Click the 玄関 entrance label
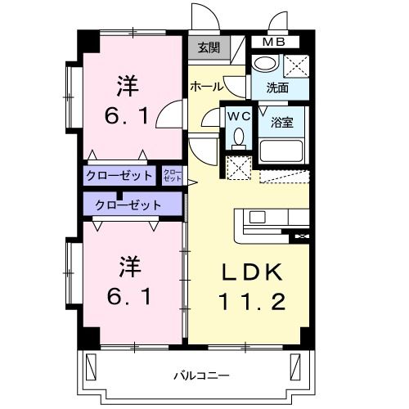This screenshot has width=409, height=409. [x=209, y=47]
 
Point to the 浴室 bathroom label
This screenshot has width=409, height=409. [x=283, y=123]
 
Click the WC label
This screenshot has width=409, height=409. [x=239, y=117]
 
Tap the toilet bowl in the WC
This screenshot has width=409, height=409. [x=239, y=137]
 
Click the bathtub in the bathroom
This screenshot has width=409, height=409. [x=281, y=151]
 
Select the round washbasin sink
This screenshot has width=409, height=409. [x=263, y=64]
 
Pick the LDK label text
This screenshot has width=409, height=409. [x=251, y=271]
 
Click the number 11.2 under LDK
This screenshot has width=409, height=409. [x=251, y=302]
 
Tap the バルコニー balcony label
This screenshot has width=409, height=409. [x=201, y=375]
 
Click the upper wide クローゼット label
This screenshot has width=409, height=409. [x=119, y=175]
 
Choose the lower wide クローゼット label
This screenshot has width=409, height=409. [x=128, y=204]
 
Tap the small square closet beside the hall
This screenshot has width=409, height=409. [x=173, y=175]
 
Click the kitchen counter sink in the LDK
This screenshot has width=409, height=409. [x=257, y=218]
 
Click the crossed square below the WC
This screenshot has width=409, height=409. [x=239, y=169]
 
